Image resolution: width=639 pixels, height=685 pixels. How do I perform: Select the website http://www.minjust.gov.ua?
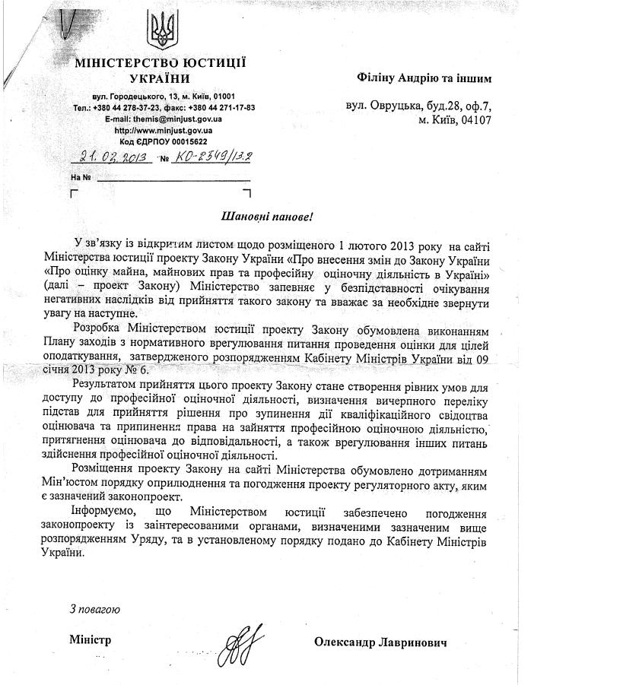(163, 131)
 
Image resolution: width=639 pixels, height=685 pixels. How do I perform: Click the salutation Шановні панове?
(266, 216)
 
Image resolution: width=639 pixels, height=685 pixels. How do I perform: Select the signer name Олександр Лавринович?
(380, 642)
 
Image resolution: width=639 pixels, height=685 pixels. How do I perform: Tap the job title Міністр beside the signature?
(90, 639)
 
